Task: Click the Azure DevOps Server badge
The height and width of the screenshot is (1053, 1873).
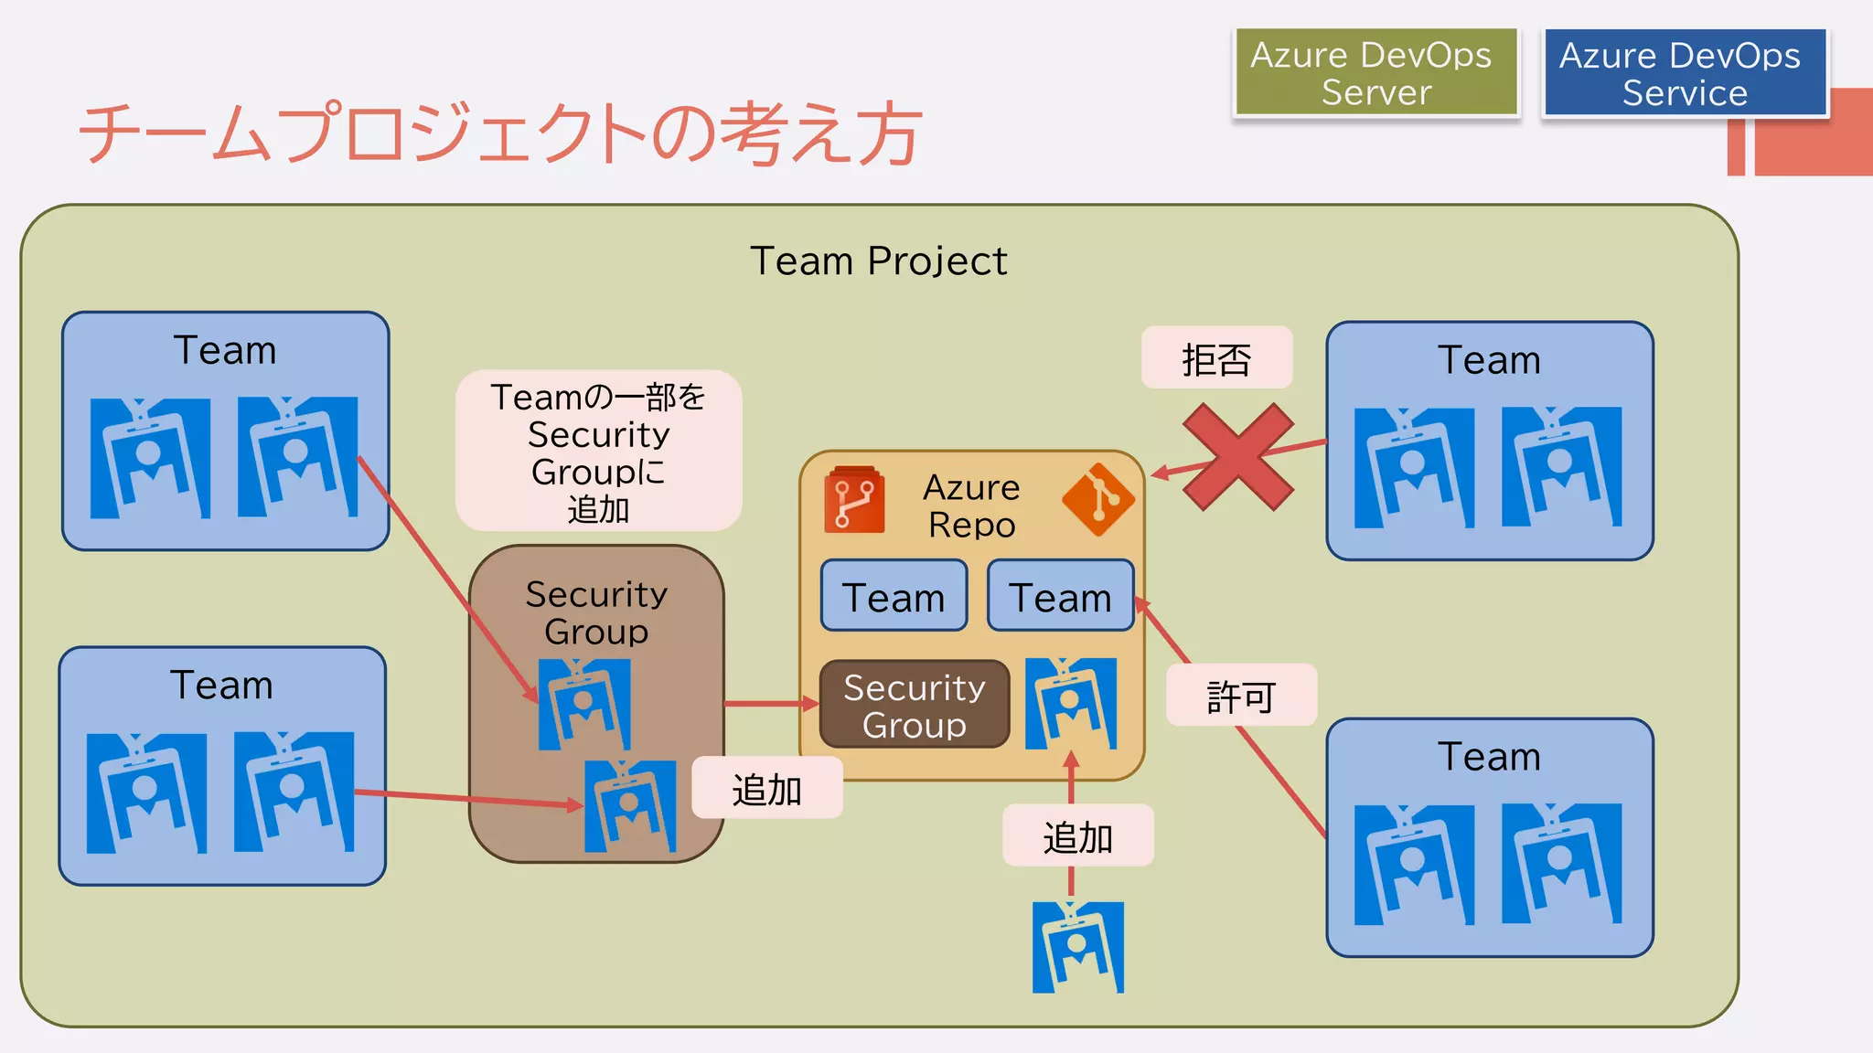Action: (x=1375, y=73)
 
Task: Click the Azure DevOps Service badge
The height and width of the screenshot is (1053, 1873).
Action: (x=1684, y=73)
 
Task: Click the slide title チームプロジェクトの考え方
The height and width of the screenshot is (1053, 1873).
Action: (x=500, y=133)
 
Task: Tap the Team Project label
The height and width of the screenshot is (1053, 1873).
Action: (x=878, y=261)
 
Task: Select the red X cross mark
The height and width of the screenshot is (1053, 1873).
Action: (x=1237, y=456)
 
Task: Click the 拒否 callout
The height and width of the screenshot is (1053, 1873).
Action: (x=1216, y=358)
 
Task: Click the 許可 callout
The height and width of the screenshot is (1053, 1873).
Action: (x=1241, y=696)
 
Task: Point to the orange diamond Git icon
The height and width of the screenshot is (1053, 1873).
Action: (x=1097, y=499)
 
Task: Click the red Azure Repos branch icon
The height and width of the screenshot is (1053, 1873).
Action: (x=854, y=500)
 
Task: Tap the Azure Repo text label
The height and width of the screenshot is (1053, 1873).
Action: (x=971, y=505)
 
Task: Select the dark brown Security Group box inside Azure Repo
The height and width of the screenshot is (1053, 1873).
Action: (x=915, y=705)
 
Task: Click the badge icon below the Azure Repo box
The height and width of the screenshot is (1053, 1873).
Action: (x=1077, y=947)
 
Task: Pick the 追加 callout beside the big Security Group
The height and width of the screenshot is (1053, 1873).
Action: (x=766, y=788)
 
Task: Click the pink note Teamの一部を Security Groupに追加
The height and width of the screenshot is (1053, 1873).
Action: (x=598, y=452)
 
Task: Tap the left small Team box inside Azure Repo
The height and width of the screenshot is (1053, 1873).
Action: (x=894, y=597)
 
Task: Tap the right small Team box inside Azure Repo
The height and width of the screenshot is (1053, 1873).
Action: (x=1060, y=597)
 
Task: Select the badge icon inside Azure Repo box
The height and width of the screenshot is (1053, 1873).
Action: (x=1071, y=704)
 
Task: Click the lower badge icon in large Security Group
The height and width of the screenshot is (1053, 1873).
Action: (x=630, y=806)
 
